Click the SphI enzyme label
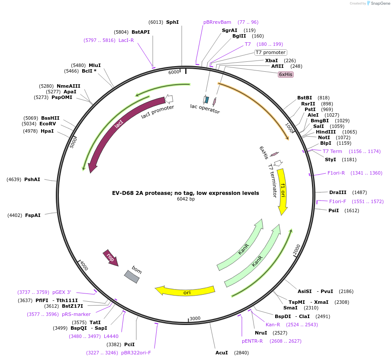pyautogui.click(x=172, y=22)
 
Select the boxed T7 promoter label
pyautogui.click(x=270, y=52)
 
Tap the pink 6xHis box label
pyautogui.click(x=286, y=74)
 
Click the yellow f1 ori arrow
pyautogui.click(x=283, y=190)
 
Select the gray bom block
pyautogui.click(x=132, y=277)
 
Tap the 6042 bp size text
pyautogui.click(x=186, y=199)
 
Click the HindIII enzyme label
pyautogui.click(x=326, y=132)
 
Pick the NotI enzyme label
pyautogui.click(x=324, y=137)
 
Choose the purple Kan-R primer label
pyautogui.click(x=273, y=325)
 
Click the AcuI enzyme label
pyautogui.click(x=222, y=353)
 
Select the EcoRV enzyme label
pyautogui.click(x=48, y=124)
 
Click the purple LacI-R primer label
pyautogui.click(x=126, y=40)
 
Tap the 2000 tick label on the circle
pyautogui.click(x=296, y=249)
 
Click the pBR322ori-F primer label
pyautogui.click(x=136, y=352)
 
